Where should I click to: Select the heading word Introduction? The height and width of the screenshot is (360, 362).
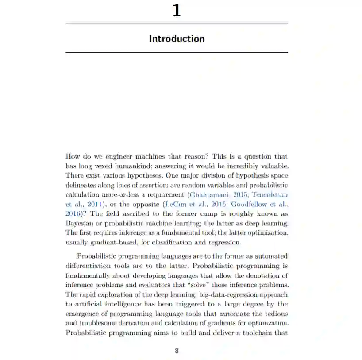pyautogui.click(x=177, y=39)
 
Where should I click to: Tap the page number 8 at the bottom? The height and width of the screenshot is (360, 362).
pyautogui.click(x=177, y=351)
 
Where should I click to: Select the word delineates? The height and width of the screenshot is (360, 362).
pyautogui.click(x=81, y=185)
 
